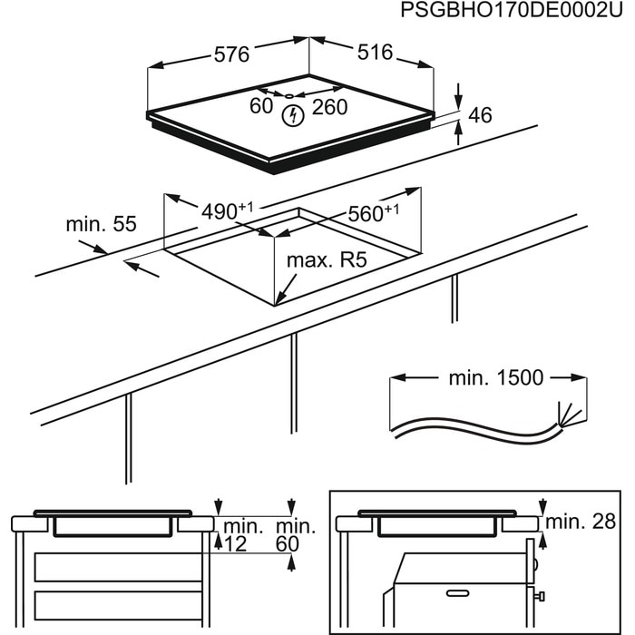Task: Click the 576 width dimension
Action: (232, 54)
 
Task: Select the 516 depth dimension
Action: (374, 53)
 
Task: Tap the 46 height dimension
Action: (480, 115)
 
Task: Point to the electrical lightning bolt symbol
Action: (293, 115)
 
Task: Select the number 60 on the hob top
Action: (261, 106)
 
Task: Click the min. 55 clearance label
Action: (100, 224)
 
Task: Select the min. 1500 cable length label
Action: (495, 377)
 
